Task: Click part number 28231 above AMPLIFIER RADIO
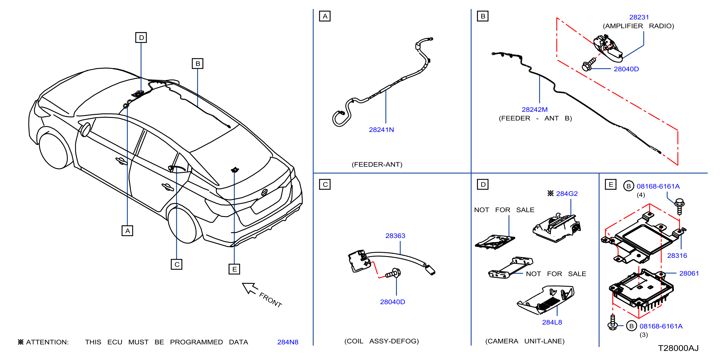coord(639,17)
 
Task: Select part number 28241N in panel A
coord(381,130)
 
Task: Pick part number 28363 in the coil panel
coord(395,236)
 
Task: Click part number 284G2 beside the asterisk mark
coord(567,193)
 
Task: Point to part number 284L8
coord(552,322)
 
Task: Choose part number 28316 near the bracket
coord(677,255)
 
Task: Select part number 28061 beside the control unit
coord(689,273)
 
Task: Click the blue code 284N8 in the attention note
coord(288,342)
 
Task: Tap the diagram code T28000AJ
coord(678,348)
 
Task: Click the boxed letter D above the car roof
coord(141,38)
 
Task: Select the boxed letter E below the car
coord(234,269)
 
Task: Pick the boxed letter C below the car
coord(177,264)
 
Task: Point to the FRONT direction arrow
coord(250,288)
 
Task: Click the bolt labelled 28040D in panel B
coord(589,65)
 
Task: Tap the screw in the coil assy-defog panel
coord(393,273)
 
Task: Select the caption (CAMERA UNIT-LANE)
coord(525,341)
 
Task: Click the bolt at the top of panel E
coord(679,206)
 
